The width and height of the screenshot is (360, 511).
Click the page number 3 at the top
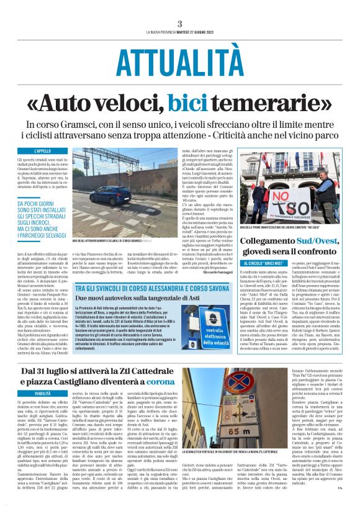point(180,23)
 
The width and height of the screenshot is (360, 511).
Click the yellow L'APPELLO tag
point(43,151)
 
